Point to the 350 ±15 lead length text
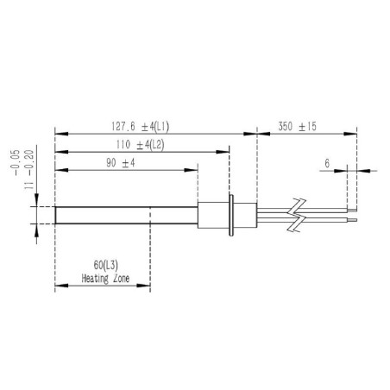click(x=298, y=125)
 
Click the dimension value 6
click(x=327, y=162)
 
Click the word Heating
click(x=95, y=280)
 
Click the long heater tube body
click(x=125, y=214)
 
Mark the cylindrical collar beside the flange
click(x=211, y=214)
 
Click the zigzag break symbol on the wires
click(x=296, y=213)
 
